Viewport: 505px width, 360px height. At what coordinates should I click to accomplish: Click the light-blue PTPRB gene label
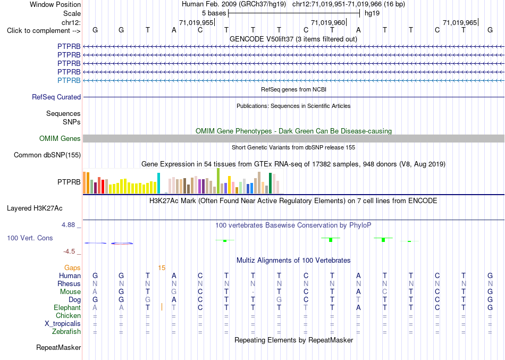pos(69,80)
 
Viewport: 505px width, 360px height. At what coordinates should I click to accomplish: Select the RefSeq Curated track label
pos(56,97)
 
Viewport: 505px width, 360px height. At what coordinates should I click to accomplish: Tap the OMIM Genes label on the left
pos(60,139)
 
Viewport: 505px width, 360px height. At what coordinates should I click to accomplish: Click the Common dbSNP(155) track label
pos(47,155)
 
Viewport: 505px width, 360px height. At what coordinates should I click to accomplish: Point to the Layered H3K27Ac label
pos(35,208)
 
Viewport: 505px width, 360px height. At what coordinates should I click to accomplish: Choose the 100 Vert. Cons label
pos(30,238)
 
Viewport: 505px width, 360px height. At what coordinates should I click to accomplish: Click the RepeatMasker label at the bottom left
pos(58,347)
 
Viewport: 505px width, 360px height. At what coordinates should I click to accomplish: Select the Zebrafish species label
pos(66,331)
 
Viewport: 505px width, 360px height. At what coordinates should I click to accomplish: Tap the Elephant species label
pos(67,307)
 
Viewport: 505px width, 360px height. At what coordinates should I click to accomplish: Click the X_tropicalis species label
pos(63,324)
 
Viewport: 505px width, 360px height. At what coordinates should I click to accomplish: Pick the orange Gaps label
pos(72,268)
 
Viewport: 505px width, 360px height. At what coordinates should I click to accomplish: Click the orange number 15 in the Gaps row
pos(162,268)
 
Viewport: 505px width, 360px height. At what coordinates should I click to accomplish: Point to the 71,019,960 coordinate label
pos(328,22)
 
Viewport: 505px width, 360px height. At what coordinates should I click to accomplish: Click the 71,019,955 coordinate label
pos(196,22)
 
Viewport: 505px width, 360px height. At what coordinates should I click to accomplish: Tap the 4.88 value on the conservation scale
pos(68,224)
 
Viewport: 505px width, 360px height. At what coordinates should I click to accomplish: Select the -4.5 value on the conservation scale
pos(70,252)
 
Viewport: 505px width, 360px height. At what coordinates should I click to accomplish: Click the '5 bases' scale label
pos(214,13)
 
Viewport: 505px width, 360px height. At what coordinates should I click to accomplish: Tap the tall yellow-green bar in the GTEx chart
pos(218,181)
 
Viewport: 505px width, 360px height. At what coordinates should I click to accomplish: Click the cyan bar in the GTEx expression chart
pos(158,183)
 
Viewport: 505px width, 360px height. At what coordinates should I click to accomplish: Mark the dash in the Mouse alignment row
pos(253,292)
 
